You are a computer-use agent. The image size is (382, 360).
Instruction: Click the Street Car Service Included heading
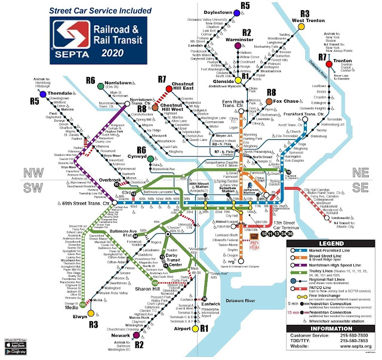(91, 11)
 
